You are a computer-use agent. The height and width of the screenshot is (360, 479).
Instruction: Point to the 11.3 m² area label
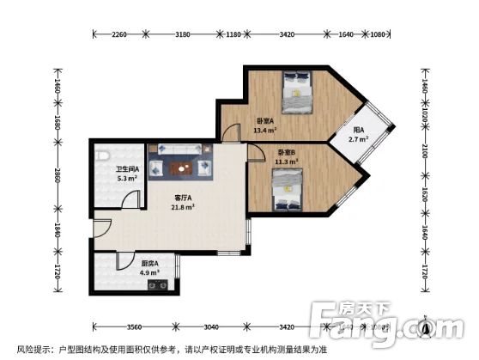point(286,161)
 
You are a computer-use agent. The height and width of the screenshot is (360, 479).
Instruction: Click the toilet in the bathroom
point(101,156)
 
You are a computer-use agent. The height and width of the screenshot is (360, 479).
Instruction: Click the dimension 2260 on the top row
point(120,34)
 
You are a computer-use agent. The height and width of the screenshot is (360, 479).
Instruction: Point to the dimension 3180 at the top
point(182,34)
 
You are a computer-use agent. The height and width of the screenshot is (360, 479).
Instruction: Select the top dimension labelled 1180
point(232,34)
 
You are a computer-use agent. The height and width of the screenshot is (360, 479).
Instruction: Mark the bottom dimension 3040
point(212,327)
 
